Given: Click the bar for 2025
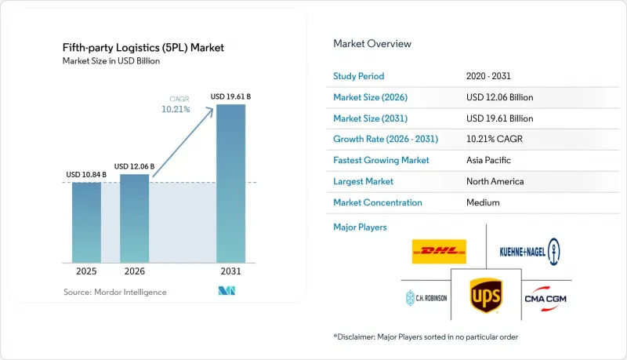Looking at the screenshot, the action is pyautogui.click(x=86, y=223).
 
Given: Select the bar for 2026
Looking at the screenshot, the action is pyautogui.click(x=134, y=218).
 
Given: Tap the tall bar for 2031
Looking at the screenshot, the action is pyautogui.click(x=230, y=184).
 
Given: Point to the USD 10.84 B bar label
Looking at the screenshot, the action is pyautogui.click(x=86, y=174).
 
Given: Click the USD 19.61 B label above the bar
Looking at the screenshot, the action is pyautogui.click(x=230, y=96).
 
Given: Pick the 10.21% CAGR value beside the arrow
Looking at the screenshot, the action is pyautogui.click(x=176, y=109).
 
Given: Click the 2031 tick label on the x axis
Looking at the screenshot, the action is pyautogui.click(x=230, y=271).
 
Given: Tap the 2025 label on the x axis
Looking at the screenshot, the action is pyautogui.click(x=86, y=271).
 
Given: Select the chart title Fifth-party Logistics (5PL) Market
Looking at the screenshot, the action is pyautogui.click(x=143, y=48).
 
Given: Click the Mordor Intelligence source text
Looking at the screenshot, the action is pyautogui.click(x=115, y=292).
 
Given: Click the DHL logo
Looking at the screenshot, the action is pyautogui.click(x=439, y=252).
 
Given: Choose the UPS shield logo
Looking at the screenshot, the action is pyautogui.click(x=486, y=296).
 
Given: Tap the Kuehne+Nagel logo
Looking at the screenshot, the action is pyautogui.click(x=530, y=252).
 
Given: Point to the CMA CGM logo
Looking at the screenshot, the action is pyautogui.click(x=545, y=299).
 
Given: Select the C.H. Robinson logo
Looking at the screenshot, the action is pyautogui.click(x=426, y=298).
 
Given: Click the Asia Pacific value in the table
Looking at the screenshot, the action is pyautogui.click(x=488, y=160).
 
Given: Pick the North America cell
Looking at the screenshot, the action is pyautogui.click(x=495, y=181).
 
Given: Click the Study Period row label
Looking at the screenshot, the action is pyautogui.click(x=359, y=76).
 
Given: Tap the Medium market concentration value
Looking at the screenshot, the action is pyautogui.click(x=483, y=202).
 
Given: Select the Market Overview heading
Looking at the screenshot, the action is pyautogui.click(x=372, y=44).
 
